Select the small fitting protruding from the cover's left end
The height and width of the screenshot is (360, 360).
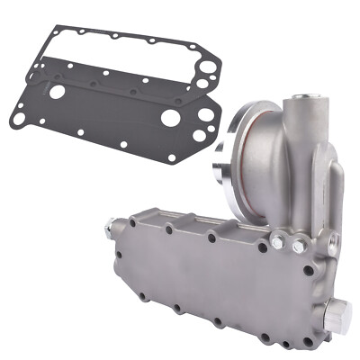click(110, 229)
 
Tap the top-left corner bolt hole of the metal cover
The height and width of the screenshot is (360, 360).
click(133, 221)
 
